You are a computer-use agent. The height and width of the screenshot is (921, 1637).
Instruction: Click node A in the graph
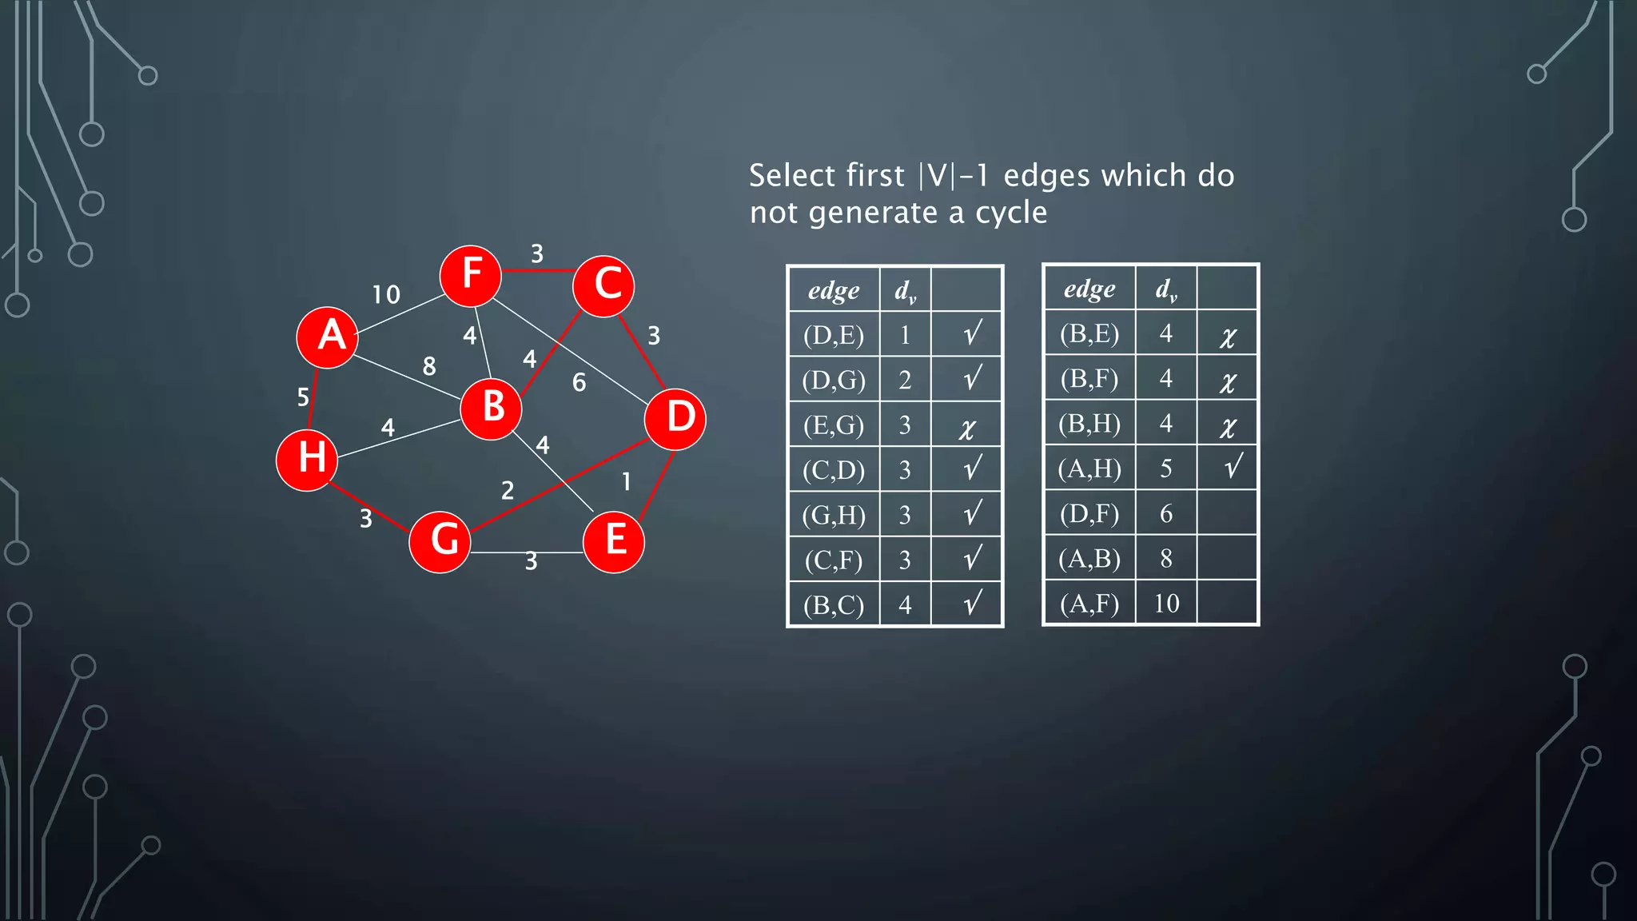tap(328, 337)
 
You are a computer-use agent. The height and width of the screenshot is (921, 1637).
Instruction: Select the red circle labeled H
tap(307, 460)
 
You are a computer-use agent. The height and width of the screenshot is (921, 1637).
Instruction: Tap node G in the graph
tap(440, 541)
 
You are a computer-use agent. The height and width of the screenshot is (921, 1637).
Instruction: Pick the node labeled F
tap(471, 276)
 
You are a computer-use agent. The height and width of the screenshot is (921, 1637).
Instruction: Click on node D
tap(675, 419)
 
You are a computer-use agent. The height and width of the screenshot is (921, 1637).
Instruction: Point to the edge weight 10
tap(386, 294)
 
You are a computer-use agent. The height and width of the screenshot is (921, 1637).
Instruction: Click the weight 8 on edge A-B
tap(429, 366)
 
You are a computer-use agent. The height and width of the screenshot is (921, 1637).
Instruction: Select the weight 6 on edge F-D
tap(580, 383)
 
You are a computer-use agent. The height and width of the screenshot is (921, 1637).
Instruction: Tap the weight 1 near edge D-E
tap(627, 481)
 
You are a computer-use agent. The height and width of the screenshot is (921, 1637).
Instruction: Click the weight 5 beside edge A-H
tap(303, 397)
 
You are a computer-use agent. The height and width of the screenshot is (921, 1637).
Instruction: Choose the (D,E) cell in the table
tap(834, 335)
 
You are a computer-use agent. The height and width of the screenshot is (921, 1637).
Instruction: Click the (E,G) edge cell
tap(834, 425)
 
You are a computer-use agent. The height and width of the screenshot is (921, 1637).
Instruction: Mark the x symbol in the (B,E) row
tap(1228, 337)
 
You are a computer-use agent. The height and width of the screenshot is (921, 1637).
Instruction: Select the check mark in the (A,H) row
tap(1233, 466)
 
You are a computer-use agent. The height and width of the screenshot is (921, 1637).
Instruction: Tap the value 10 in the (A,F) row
tap(1166, 603)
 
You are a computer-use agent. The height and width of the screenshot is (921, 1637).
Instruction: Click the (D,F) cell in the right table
tap(1089, 513)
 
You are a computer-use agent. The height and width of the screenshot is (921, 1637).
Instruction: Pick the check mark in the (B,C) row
tap(972, 603)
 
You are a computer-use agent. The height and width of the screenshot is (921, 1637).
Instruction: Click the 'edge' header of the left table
tap(834, 290)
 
